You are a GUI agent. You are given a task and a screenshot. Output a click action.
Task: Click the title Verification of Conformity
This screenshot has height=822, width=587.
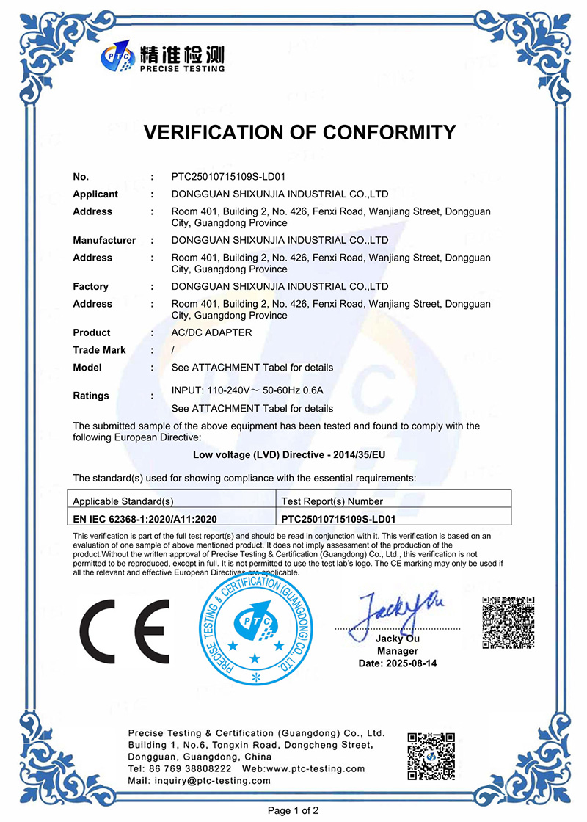[x=299, y=132]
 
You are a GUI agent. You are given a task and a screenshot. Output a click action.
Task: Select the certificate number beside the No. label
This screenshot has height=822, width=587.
[x=228, y=177]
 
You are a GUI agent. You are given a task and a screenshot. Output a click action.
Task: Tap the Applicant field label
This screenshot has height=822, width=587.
[x=95, y=194]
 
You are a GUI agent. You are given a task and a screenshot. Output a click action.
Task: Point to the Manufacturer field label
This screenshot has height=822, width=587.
[x=104, y=240]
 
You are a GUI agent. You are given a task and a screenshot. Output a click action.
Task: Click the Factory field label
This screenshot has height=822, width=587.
[x=90, y=286]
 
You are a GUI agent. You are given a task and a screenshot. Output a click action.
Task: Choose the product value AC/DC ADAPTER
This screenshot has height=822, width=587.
[x=211, y=332]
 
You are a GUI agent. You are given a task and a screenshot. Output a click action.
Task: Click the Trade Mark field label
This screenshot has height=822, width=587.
[x=99, y=350]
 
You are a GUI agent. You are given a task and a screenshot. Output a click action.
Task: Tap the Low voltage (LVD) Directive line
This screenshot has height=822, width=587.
[x=289, y=455]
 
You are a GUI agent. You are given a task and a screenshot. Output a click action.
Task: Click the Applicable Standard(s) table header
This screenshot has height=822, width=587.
[x=123, y=501]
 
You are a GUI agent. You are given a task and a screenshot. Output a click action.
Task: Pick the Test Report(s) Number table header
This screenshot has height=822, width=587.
[x=332, y=501]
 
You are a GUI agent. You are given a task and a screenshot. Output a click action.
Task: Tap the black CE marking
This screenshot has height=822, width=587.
[x=125, y=631]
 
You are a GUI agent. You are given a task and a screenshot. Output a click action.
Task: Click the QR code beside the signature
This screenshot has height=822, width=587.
[x=508, y=622]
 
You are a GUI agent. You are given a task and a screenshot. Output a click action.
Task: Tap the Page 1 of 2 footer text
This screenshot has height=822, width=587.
[x=293, y=811]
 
